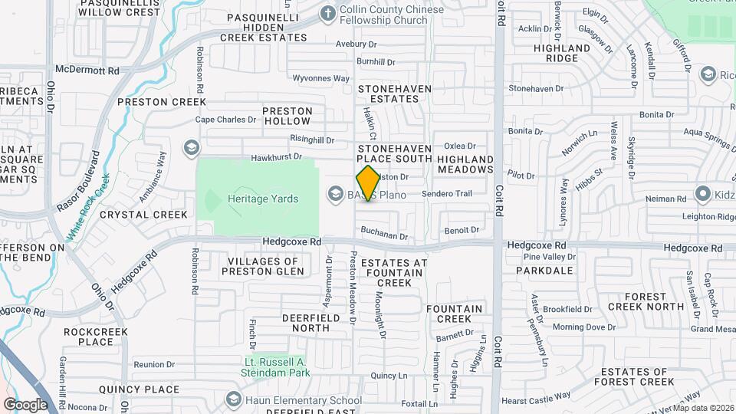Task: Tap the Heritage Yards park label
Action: (262, 199)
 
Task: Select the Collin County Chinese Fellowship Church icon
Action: (328, 13)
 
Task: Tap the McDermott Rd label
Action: (94, 71)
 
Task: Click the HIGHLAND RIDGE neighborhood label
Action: (567, 53)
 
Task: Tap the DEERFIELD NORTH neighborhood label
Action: (294, 322)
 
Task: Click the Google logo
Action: (25, 404)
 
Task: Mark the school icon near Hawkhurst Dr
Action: (191, 146)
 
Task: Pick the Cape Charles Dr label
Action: (225, 120)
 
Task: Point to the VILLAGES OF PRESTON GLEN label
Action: (265, 266)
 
